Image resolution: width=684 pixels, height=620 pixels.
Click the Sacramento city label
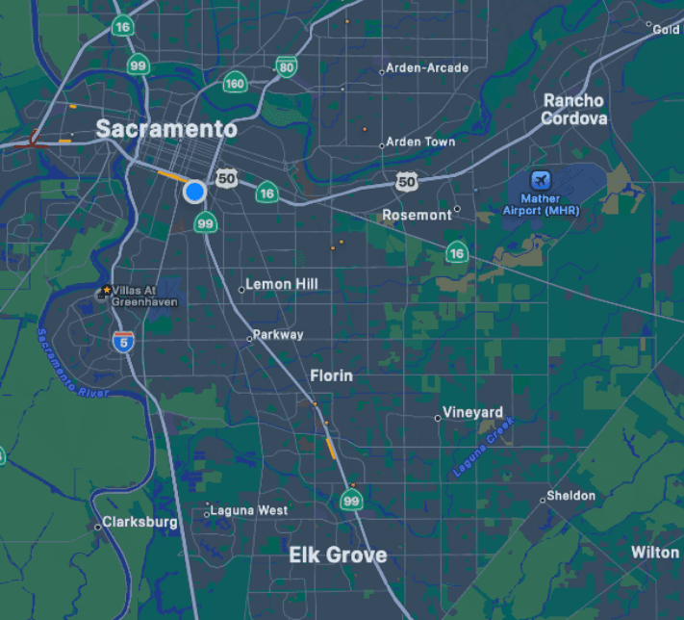coord(165,129)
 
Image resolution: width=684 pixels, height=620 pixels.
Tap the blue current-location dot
coord(195,192)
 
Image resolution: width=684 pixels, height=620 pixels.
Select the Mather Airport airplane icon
coord(542,180)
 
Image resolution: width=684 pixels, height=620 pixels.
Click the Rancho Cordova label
coord(573,110)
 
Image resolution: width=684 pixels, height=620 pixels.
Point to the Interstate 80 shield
coord(286,66)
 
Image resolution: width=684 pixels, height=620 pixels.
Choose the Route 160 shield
coord(235,83)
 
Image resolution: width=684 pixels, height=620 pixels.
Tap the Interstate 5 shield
coord(122,342)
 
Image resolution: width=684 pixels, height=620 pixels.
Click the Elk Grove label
coord(338,555)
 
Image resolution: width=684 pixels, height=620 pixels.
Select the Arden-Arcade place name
coord(427,68)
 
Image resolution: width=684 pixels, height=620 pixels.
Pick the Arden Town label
coord(420,142)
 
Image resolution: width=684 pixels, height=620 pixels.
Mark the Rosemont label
coord(417,215)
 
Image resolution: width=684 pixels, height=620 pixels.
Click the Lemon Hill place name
coord(282,284)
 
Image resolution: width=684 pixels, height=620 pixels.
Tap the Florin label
coord(331,375)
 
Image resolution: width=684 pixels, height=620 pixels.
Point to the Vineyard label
coord(472,413)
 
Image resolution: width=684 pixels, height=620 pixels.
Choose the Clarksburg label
coord(140,523)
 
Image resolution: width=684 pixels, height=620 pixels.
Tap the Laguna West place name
coord(249,510)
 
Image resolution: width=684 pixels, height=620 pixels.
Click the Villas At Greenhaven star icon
coord(106,289)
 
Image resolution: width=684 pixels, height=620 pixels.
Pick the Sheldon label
coord(570,496)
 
